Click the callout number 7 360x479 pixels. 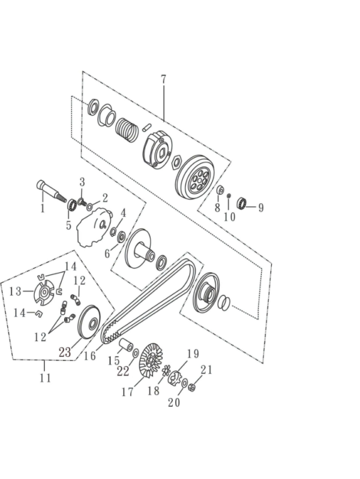point(163,79)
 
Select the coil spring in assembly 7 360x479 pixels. point(128,128)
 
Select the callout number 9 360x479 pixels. point(260,207)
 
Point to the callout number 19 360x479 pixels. point(193,354)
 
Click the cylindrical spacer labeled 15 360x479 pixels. point(126,345)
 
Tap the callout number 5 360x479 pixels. point(68,225)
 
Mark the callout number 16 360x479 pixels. point(90,356)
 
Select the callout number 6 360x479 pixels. point(107,254)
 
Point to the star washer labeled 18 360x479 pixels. point(166,370)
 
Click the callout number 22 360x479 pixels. point(123,372)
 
